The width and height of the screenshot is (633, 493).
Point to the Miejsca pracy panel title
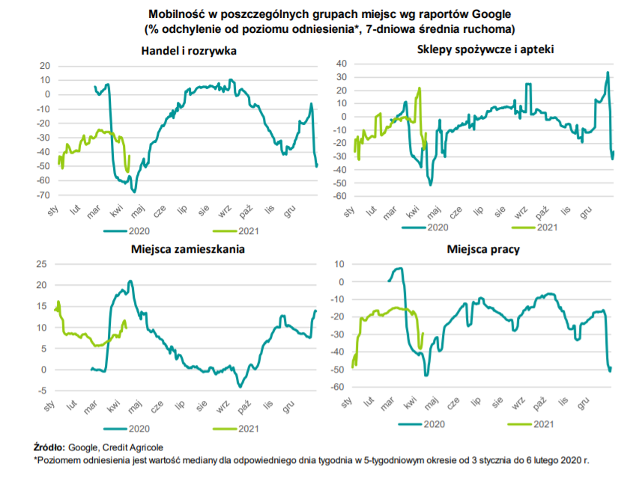[484, 249]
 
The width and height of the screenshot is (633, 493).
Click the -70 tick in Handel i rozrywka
[43, 195]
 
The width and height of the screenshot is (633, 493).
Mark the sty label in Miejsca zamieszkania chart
[52, 408]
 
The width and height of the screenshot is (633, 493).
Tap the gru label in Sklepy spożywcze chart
[587, 212]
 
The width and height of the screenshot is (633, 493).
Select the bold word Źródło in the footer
[49, 447]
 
